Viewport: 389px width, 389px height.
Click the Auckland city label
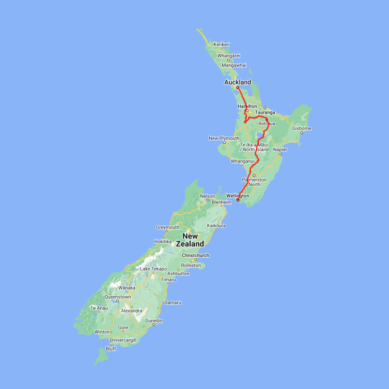click(x=237, y=82)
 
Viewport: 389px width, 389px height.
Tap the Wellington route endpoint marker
click(x=238, y=200)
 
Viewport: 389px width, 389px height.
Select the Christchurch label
click(x=195, y=255)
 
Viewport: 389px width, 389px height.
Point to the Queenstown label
click(x=118, y=297)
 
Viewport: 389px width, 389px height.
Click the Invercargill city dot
click(x=111, y=340)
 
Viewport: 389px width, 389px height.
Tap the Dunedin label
click(x=154, y=321)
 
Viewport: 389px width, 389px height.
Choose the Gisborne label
click(x=302, y=128)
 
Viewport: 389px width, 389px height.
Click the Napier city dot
click(x=280, y=153)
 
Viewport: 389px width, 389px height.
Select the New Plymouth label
click(x=224, y=138)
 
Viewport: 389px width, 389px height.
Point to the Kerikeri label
click(x=221, y=45)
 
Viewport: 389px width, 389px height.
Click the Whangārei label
click(x=229, y=56)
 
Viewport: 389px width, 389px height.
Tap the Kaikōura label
click(x=217, y=226)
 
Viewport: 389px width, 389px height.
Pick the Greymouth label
click(x=168, y=227)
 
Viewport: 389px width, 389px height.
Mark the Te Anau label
click(x=99, y=308)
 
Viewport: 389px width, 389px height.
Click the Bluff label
click(x=111, y=349)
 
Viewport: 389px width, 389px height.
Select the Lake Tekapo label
click(x=153, y=269)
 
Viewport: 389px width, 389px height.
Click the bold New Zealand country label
click(x=193, y=240)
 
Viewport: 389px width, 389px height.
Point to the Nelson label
click(x=207, y=196)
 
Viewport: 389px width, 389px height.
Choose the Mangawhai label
click(x=234, y=65)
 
